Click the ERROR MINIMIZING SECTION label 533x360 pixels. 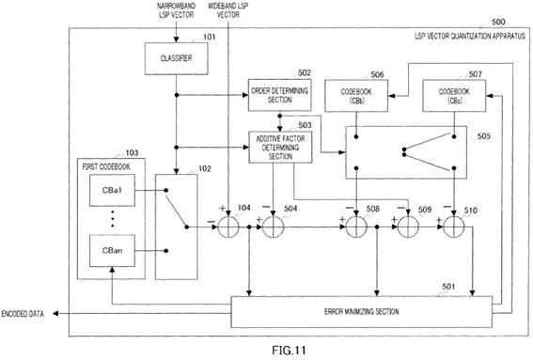pos(361,311)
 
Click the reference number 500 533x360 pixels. pos(498,23)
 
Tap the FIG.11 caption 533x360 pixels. pos(289,351)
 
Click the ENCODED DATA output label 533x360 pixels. pos(23,314)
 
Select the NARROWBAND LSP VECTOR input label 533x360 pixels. pos(176,10)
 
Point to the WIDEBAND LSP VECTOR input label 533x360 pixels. pos(228,10)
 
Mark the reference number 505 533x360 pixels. pos(484,136)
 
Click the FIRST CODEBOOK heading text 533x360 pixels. pos(106,167)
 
